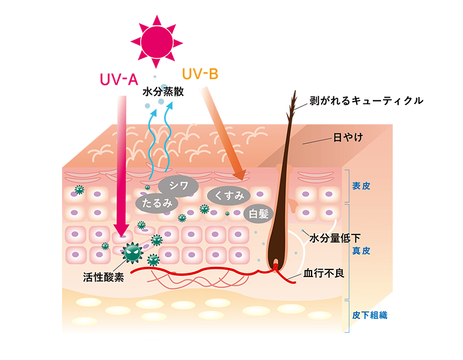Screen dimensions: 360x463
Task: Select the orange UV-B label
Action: (200, 74)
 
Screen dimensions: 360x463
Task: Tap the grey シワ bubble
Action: (178, 186)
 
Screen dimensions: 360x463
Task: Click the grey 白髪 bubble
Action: (258, 213)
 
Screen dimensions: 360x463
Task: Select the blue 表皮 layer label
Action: (361, 186)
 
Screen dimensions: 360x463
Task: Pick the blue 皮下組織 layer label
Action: (369, 316)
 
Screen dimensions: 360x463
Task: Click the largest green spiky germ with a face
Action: (132, 252)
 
